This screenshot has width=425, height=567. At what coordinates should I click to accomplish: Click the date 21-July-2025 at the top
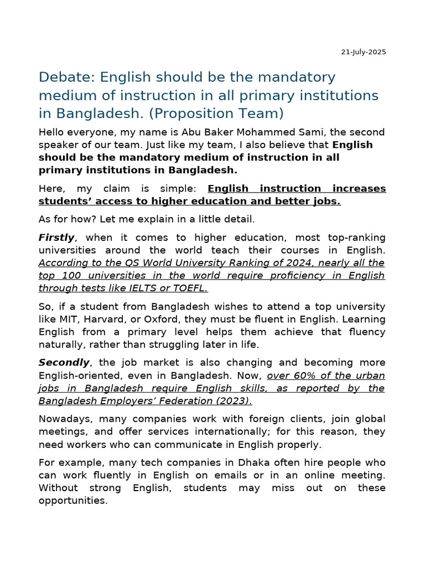(x=363, y=52)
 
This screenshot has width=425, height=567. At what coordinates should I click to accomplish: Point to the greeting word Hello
(x=52, y=132)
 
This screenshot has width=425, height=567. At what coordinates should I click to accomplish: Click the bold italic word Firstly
(x=56, y=238)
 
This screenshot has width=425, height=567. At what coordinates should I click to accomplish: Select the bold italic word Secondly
(x=64, y=363)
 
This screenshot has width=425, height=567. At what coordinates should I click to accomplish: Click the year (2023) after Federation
(x=232, y=401)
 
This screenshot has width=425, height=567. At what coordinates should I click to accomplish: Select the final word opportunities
(x=72, y=501)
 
